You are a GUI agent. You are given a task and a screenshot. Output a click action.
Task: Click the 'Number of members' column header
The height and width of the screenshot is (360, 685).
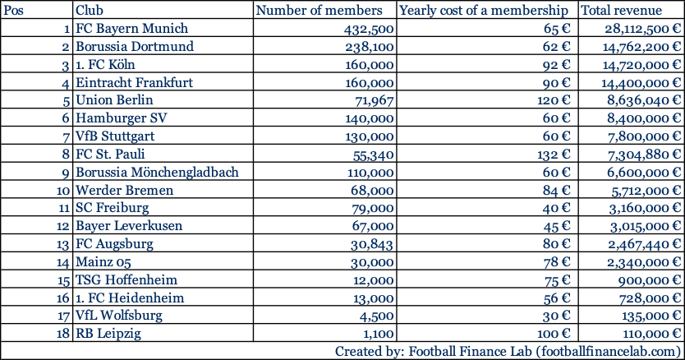[x=320, y=11]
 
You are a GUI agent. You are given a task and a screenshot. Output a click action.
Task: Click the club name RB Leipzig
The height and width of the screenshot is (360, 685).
[x=107, y=334]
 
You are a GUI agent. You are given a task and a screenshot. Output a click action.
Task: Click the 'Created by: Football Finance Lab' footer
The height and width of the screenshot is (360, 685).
[x=507, y=351]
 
